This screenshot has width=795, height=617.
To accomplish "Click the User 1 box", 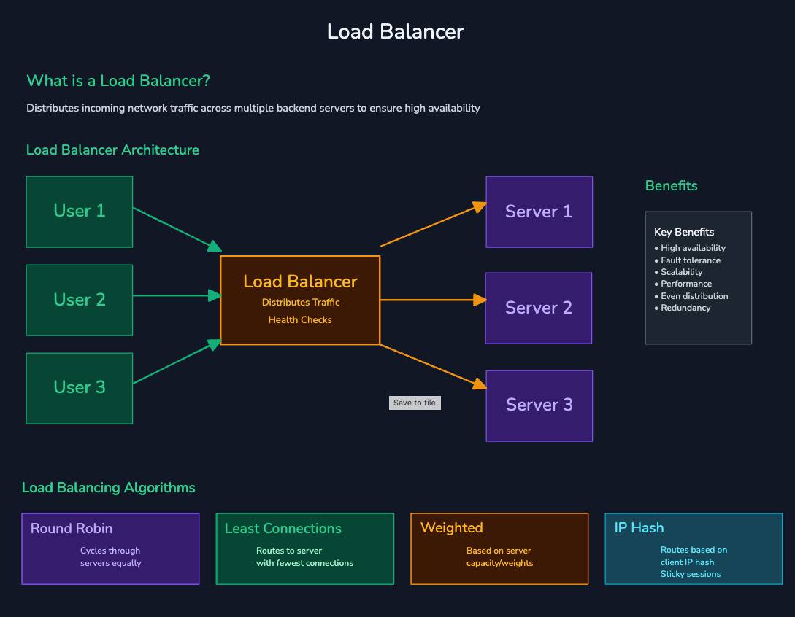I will coord(80,212).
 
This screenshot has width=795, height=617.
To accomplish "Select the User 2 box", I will coord(80,300).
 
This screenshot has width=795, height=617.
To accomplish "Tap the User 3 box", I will coord(80,388).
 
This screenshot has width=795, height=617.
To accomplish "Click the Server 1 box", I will coord(539,212).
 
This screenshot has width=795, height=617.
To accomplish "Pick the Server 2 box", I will coord(539,308).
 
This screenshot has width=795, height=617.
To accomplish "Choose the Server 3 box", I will coord(539,405).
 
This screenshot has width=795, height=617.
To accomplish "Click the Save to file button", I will coord(415,403).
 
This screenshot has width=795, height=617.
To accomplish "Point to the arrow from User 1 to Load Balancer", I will coord(177,229).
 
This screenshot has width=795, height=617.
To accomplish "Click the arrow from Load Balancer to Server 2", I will coord(433,300).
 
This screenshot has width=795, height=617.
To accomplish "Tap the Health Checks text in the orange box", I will coord(300,319).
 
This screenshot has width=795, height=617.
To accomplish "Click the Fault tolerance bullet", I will coord(691,260).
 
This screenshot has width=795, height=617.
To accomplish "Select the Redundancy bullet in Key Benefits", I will coord(685,308).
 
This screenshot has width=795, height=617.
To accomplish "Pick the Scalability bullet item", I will coord(682,272).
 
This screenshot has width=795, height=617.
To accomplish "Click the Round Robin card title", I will coord(72,528).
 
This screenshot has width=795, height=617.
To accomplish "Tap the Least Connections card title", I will coord(283,528).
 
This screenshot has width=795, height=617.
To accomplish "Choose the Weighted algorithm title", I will coord(451,527).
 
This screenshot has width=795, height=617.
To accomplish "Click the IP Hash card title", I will coord(639,527).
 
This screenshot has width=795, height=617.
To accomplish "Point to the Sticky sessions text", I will coord(691,574).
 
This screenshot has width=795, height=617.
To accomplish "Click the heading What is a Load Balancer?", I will coord(118,80).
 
